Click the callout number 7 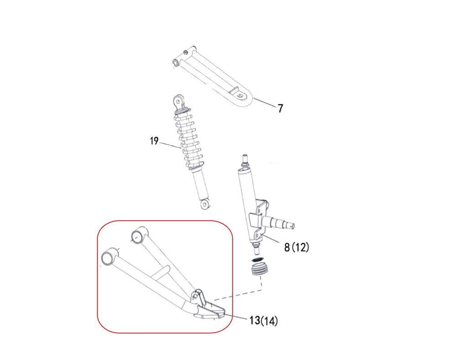point(280,108)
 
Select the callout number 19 point(155,141)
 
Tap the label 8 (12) point(297,247)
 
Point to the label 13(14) point(264,320)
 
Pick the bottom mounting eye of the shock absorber point(205,204)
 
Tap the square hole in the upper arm point(240,96)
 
